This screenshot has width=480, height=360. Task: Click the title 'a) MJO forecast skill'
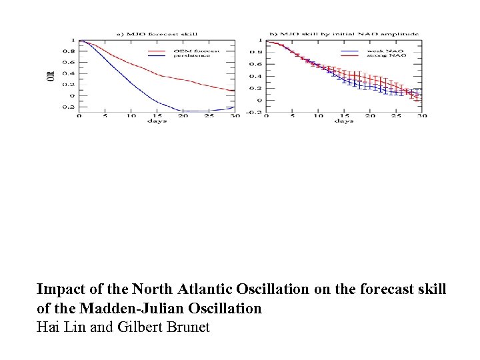(x=158, y=34)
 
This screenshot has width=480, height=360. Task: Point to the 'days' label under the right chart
(x=344, y=121)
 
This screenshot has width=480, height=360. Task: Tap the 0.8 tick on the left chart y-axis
(x=68, y=52)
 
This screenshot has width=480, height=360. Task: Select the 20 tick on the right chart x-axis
(x=369, y=115)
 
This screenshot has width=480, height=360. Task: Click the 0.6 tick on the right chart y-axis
(x=255, y=64)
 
